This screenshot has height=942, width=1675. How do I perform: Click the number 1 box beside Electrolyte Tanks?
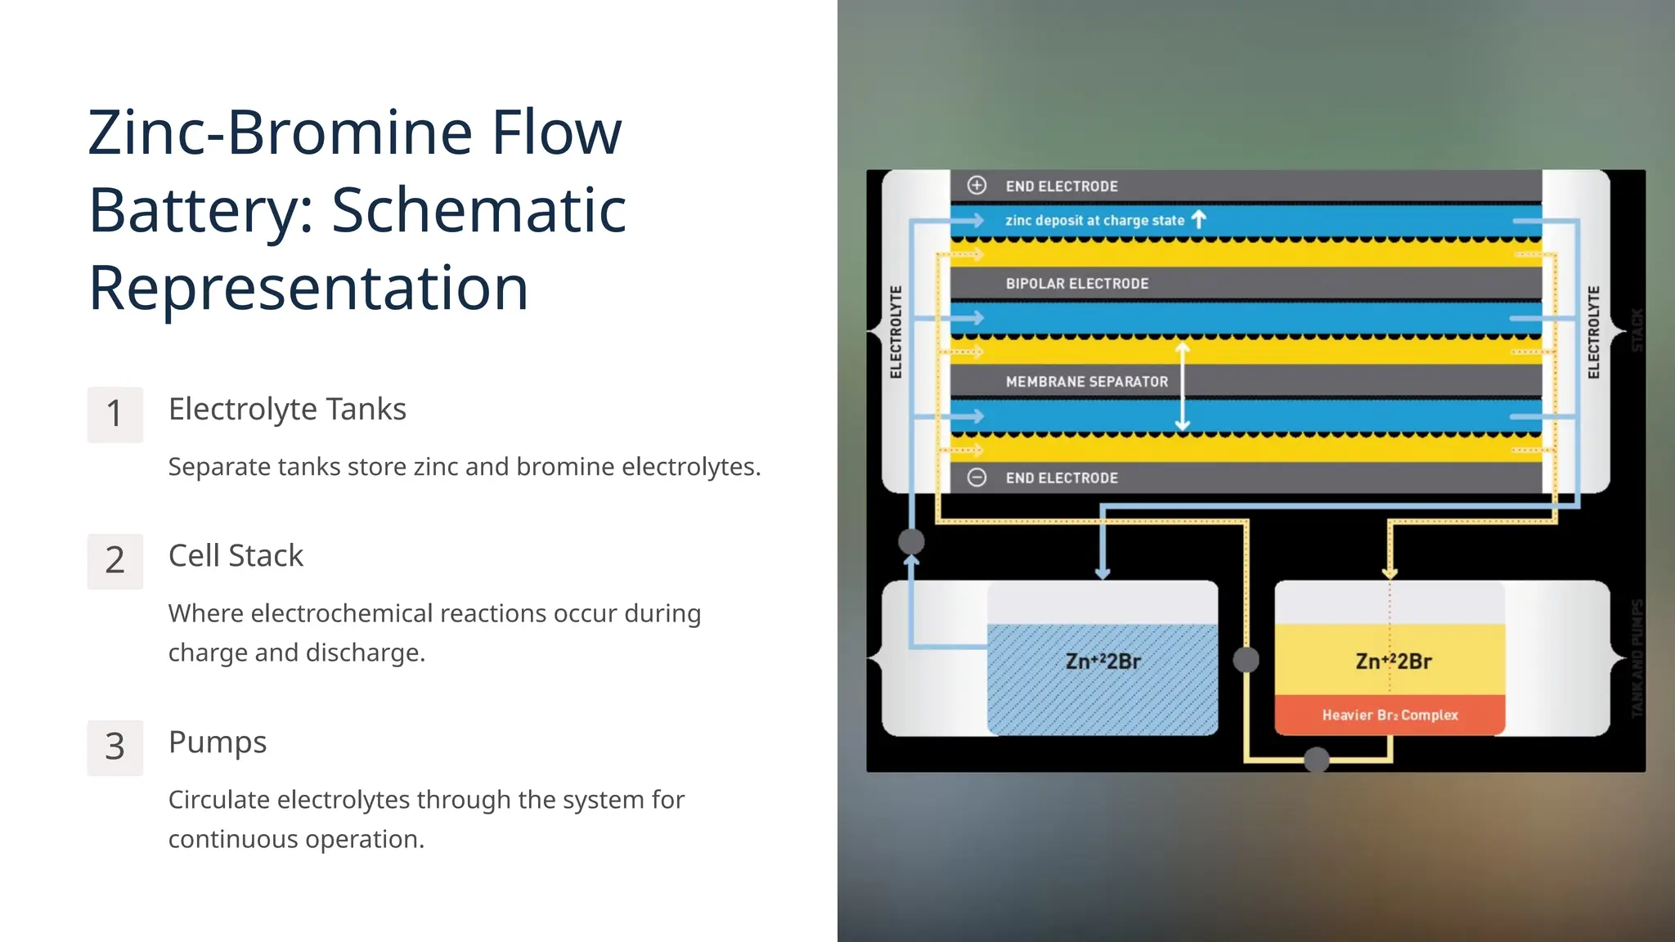coord(115,415)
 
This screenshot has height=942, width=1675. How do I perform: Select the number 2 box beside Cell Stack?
coord(115,562)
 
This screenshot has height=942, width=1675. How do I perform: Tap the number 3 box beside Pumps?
coord(115,747)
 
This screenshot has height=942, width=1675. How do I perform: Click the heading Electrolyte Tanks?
coord(287,409)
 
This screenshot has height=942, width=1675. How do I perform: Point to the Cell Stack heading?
coord(236,556)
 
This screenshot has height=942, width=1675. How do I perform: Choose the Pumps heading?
coord(218,742)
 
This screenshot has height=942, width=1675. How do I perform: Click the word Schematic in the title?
coord(478,210)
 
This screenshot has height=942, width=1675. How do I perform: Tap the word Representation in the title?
coord(308,288)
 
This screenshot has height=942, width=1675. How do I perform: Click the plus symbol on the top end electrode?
coord(977,186)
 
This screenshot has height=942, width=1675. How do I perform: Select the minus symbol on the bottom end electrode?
coord(977,478)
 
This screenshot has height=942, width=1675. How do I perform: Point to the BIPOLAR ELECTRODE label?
coord(1077,284)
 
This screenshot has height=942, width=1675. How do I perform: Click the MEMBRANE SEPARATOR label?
coord(1087,382)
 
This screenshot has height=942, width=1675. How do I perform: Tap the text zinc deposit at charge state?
coord(1094,220)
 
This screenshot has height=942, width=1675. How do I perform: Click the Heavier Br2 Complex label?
coord(1390,715)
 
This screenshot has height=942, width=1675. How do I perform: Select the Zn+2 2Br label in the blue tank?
coord(1102,661)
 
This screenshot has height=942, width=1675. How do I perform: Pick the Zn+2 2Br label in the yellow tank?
coord(1393,661)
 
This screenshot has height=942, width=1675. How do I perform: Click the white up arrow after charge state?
coord(1199,219)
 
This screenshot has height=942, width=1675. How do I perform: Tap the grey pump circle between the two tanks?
coord(1246,659)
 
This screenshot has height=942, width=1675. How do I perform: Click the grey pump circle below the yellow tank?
coord(1316,760)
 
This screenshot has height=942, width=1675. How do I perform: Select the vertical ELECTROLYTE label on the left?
coord(896,332)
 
